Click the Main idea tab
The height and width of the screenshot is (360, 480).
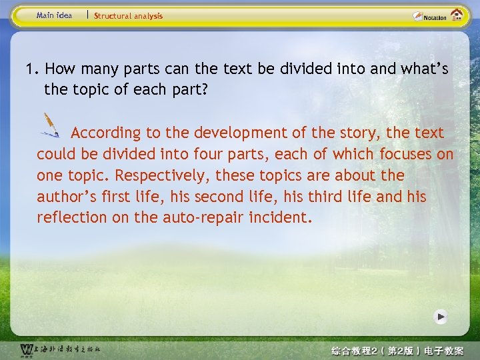(54, 15)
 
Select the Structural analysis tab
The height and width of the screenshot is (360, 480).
(128, 16)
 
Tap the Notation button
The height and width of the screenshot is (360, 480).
(430, 17)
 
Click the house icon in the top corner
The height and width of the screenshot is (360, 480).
(457, 15)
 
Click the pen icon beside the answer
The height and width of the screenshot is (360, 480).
(51, 125)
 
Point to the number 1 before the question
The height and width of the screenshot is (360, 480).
(30, 69)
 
